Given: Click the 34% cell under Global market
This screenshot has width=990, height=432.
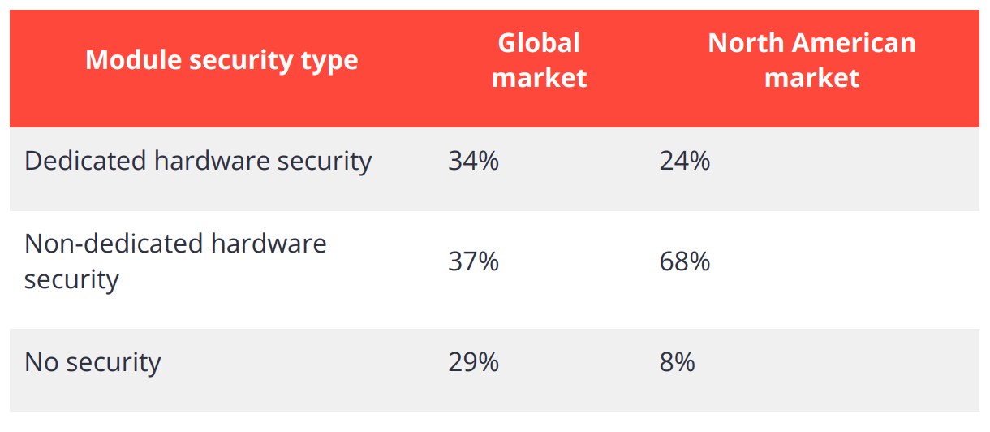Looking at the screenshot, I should point(473,161).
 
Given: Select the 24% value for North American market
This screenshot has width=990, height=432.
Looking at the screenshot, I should point(685,161).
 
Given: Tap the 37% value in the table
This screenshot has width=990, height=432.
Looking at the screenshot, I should point(473,261).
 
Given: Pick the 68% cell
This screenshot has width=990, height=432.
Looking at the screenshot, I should point(685,261).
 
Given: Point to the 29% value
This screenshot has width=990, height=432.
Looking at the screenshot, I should point(473,362).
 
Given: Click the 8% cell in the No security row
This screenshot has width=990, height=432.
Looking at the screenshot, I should point(678,362).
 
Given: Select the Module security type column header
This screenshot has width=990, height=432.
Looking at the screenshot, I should point(222,60).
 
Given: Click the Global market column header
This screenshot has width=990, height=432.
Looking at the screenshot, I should point(539,60).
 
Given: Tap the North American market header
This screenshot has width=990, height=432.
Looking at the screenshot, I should point(811,60).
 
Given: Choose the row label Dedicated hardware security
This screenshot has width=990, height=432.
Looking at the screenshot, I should point(198,161).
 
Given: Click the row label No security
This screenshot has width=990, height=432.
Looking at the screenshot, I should point(93,362).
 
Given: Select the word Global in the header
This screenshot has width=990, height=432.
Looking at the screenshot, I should point(539,42).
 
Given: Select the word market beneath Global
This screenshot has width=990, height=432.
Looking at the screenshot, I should point(539,78).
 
